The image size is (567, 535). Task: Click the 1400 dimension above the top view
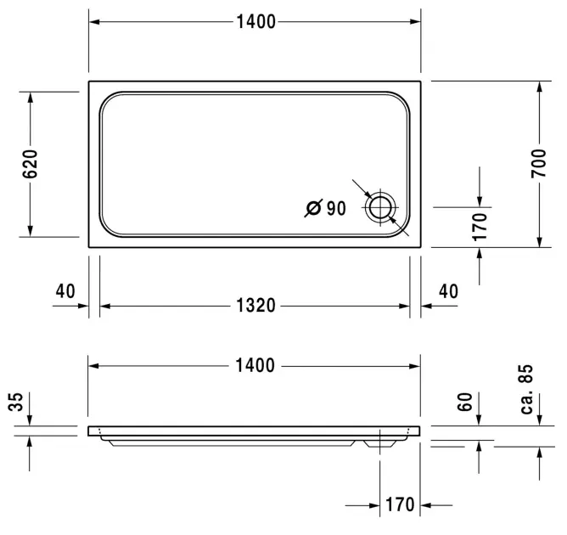(x=256, y=22)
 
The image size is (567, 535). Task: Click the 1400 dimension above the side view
(x=255, y=365)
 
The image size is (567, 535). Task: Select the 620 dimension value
(x=30, y=164)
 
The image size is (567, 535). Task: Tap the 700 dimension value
(x=539, y=163)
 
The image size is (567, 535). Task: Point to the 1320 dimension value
(x=255, y=306)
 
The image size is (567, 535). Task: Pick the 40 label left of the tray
(x=65, y=291)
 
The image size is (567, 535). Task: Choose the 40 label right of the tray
(x=448, y=291)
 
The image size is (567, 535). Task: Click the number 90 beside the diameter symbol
(x=336, y=208)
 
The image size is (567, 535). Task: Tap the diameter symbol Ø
(x=313, y=208)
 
